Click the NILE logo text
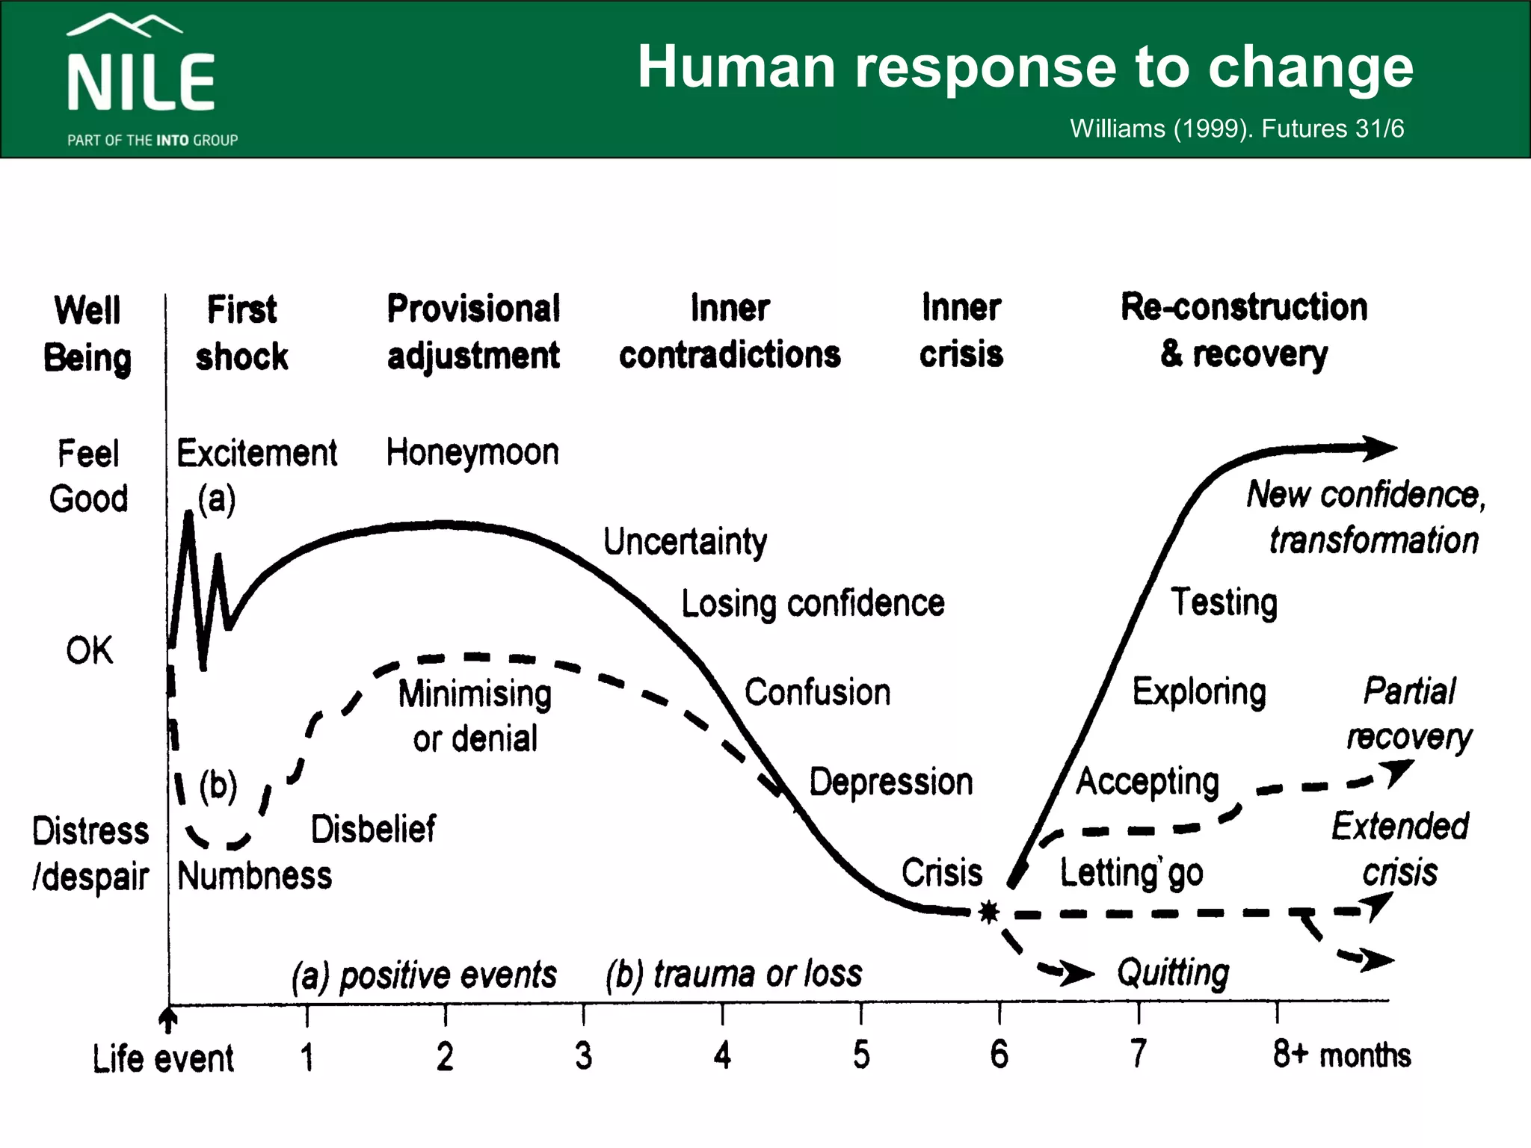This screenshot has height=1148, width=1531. tap(141, 82)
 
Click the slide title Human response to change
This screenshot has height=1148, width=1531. tap(1025, 67)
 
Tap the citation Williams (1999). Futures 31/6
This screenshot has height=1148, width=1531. tap(1236, 129)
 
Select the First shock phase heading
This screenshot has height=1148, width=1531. tap(241, 333)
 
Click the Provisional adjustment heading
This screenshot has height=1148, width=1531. tap(473, 332)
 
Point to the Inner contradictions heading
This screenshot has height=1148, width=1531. tap(730, 332)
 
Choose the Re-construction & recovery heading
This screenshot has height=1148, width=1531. tap(1244, 331)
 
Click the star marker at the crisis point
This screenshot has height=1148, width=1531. tap(988, 912)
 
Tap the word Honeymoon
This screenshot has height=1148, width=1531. tap(472, 453)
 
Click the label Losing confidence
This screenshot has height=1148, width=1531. tap(813, 604)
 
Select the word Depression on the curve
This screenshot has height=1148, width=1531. tap(891, 783)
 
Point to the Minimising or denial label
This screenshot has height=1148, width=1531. tap(475, 716)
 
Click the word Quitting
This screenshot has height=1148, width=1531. tap(1173, 973)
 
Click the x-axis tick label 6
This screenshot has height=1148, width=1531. tap(999, 1055)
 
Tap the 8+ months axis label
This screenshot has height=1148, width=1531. tap(1342, 1055)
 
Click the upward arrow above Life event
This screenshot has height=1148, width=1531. tap(168, 1019)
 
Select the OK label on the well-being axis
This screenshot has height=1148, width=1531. tap(89, 650)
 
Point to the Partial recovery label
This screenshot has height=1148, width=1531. tap(1409, 715)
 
